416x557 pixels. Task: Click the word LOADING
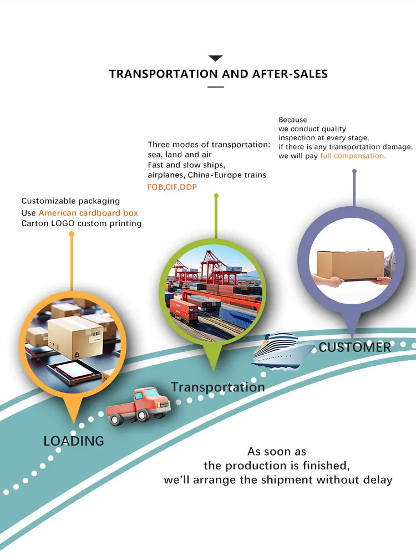click(x=74, y=441)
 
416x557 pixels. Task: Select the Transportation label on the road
click(x=217, y=387)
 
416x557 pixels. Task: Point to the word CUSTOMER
click(x=355, y=348)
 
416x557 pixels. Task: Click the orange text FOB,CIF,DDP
click(x=172, y=187)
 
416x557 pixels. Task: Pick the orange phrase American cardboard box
click(x=88, y=213)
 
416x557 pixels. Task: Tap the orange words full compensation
click(x=353, y=156)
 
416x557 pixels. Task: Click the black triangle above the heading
click(x=215, y=58)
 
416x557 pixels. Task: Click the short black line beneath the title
click(x=215, y=87)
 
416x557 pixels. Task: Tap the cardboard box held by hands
click(x=351, y=265)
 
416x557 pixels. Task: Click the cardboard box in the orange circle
click(x=75, y=336)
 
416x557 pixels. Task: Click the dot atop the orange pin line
click(x=71, y=234)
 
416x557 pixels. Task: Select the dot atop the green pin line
click(x=216, y=196)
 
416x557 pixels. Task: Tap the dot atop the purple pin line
click(x=354, y=172)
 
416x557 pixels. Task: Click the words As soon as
click(x=277, y=452)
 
